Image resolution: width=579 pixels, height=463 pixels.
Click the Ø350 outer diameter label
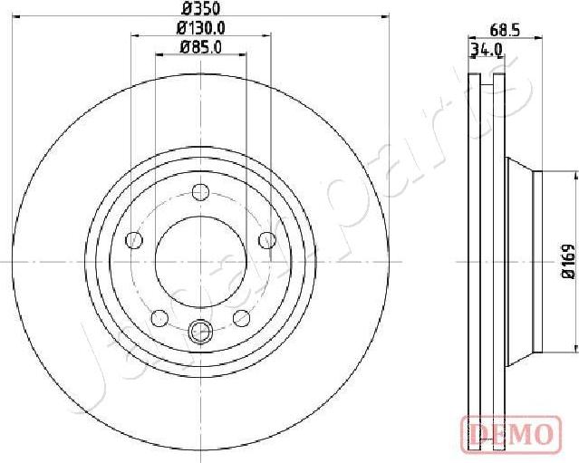click(200, 9)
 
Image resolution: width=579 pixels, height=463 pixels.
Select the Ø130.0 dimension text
click(200, 28)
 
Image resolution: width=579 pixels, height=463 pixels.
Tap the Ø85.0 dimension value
click(200, 48)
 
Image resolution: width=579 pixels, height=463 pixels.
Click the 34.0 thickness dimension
click(486, 50)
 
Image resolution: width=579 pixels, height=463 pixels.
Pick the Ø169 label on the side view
click(568, 260)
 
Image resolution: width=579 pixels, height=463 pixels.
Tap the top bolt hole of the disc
click(200, 191)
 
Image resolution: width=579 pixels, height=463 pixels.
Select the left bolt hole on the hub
click(134, 240)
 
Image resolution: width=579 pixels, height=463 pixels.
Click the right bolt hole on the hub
click(266, 239)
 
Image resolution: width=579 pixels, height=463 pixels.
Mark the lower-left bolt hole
click(159, 318)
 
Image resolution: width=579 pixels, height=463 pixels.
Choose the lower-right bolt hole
click(241, 318)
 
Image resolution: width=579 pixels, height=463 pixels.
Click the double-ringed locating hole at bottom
click(200, 333)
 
